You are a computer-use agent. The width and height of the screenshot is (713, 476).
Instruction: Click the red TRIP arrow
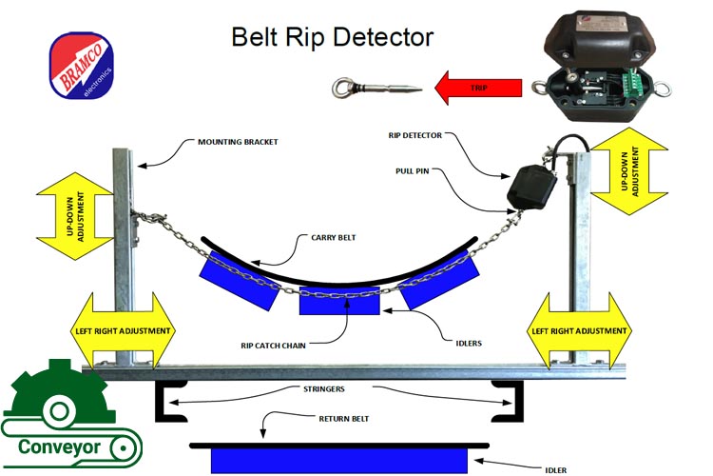478,88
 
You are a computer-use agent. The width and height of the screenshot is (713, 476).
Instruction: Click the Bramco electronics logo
82,65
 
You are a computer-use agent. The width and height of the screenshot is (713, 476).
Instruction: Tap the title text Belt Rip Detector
333,37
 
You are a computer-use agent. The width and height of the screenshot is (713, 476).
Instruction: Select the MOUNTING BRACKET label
238,142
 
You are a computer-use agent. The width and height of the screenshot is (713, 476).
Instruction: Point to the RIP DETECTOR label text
415,135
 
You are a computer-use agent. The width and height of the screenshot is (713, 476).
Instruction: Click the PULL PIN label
412,171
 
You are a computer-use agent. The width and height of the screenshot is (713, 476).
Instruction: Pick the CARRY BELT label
334,238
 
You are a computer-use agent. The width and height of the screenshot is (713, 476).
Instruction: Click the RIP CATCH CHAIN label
273,346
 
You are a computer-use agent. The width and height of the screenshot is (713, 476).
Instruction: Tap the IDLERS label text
469,344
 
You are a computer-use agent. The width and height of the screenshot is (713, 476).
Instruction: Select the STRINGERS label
324,389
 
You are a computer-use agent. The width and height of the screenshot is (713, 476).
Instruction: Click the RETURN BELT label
344,419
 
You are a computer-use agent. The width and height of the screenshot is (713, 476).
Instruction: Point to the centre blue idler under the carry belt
339,302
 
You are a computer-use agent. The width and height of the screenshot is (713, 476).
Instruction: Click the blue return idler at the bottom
339,461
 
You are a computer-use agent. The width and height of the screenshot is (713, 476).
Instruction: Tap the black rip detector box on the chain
531,188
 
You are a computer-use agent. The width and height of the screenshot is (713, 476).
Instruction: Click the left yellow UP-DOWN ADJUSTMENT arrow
75,216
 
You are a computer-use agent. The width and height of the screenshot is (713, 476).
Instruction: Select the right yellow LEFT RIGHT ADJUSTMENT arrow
579,331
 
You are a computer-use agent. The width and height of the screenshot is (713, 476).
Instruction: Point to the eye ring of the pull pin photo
341,88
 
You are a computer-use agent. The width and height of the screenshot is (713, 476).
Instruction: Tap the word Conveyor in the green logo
59,447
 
